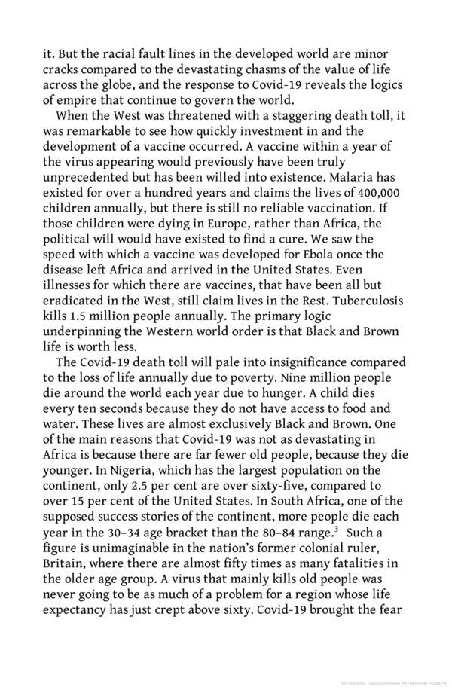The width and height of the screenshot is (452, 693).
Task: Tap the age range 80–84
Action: coord(298,530)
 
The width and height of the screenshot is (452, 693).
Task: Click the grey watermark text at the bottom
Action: coord(392,684)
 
